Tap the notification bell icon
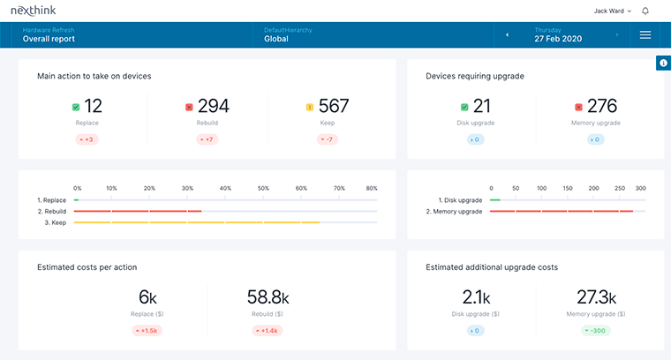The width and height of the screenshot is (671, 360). coord(645,11)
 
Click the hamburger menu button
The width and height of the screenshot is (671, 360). coord(645,34)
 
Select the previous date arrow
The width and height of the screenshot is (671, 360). coord(507,35)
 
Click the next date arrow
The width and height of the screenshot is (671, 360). coord(617,35)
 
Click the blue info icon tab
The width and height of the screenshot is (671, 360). coord(663,63)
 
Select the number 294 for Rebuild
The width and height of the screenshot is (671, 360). coord(213,107)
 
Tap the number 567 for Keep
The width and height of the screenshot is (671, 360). coord(333,107)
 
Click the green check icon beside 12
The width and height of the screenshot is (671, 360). coord(76,108)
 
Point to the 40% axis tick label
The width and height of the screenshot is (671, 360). coord(225,188)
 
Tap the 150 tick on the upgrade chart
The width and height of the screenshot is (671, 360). coord(568,188)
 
